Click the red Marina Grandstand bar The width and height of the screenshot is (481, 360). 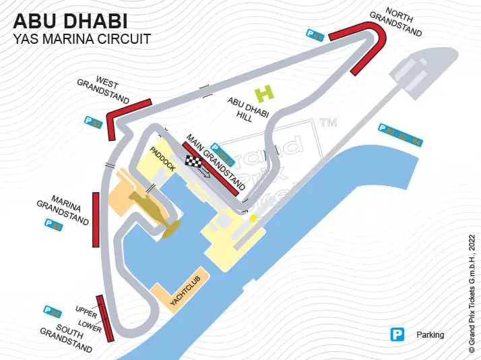click(x=96, y=219)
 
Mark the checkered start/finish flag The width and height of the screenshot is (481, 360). click(x=194, y=162)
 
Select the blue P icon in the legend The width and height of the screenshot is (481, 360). click(x=398, y=334)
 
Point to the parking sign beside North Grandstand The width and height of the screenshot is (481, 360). click(x=315, y=35)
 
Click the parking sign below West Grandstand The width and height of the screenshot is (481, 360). click(x=92, y=123)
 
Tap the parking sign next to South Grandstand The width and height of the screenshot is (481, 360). click(x=52, y=311)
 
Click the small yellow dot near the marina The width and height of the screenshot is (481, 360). click(x=253, y=218)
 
